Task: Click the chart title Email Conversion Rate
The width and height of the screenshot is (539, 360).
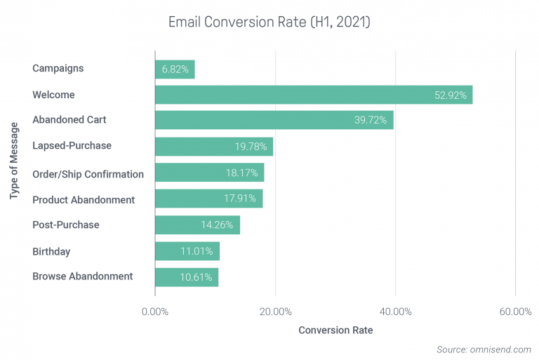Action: [268, 21]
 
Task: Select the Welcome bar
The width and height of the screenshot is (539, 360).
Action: [313, 95]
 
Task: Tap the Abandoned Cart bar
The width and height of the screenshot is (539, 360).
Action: [274, 121]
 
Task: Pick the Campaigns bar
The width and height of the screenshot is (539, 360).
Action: [174, 69]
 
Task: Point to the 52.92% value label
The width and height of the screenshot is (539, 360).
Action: [449, 95]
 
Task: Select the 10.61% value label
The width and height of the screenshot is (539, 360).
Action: [196, 277]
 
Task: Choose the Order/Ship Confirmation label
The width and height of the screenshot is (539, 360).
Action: [88, 173]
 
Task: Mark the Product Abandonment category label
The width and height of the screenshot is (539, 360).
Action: [84, 199]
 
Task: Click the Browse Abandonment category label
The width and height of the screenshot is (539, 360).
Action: [82, 277]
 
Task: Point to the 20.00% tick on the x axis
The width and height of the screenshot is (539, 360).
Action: [275, 312]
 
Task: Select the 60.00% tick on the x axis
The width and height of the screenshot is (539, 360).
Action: [515, 312]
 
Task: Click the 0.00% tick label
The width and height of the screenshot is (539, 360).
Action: [155, 312]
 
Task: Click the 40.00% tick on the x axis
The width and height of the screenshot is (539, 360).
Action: [395, 312]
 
